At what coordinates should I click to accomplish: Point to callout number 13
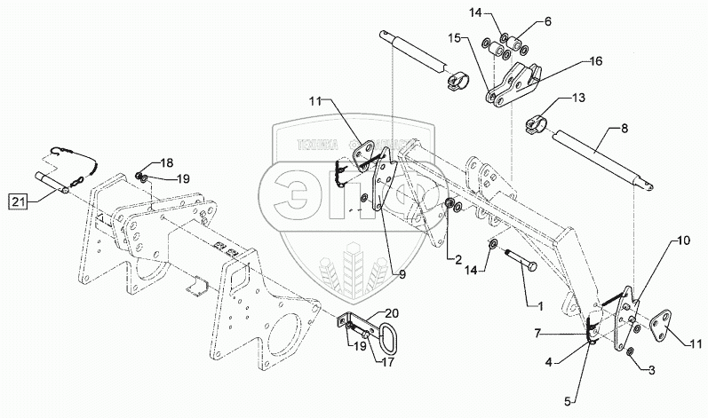pyautogui.click(x=577, y=99)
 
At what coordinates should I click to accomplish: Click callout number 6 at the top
pyautogui.click(x=546, y=20)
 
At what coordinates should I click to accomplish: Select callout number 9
pyautogui.click(x=402, y=275)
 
